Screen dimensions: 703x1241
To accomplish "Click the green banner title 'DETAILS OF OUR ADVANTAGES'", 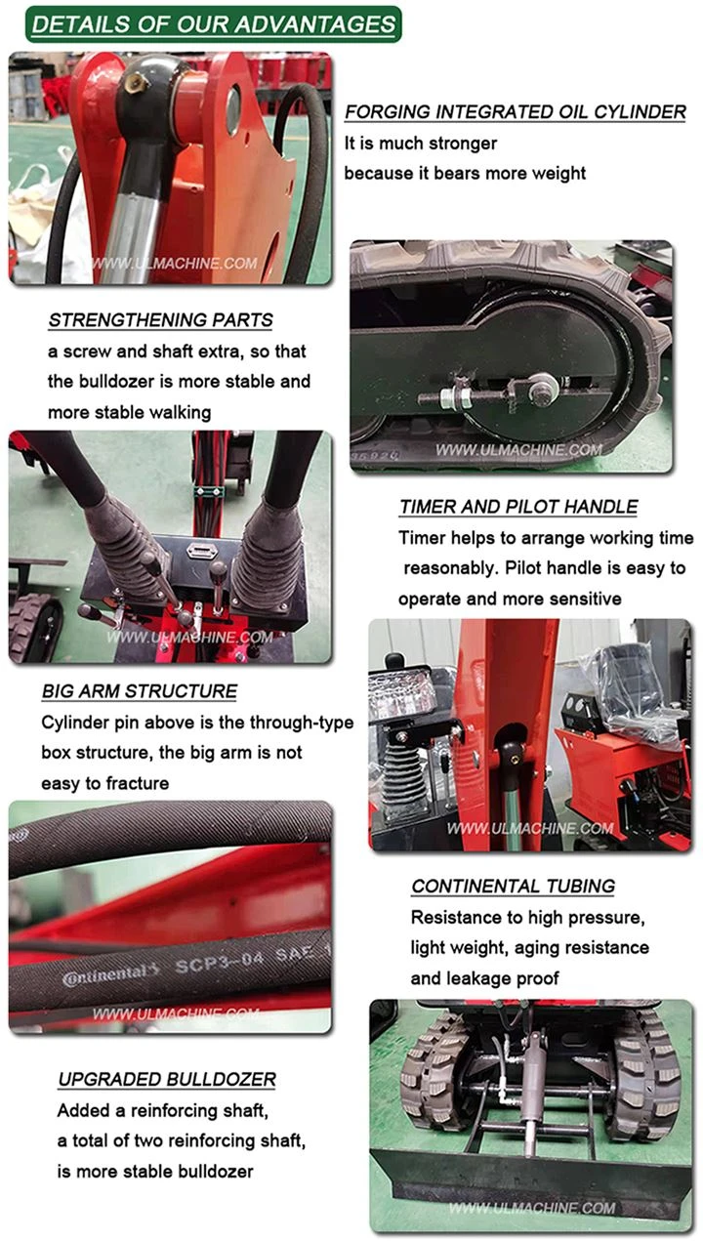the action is coord(213,24).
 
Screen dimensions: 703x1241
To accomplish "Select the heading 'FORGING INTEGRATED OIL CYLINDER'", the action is coord(516,112).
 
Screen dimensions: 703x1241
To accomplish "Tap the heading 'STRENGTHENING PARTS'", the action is coord(161,320).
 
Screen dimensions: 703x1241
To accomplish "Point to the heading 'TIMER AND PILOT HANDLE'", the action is coord(518,507).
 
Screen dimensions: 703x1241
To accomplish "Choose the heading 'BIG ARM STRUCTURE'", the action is coord(140,691).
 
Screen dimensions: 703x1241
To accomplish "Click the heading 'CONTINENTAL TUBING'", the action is coord(513,887).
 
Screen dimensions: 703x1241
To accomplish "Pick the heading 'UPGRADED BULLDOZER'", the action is coord(167,1079).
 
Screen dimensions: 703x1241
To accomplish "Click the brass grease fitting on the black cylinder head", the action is coord(135,83).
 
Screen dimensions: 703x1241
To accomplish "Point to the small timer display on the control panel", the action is coord(199,551).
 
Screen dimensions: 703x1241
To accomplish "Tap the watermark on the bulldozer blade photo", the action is coord(532,1209).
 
